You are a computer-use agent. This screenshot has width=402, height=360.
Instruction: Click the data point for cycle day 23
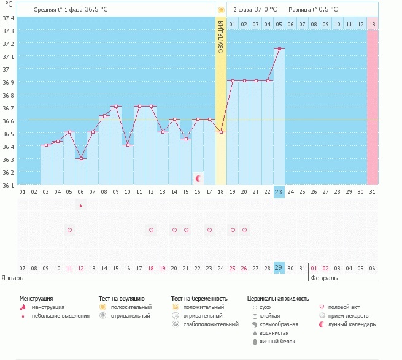click(x=279, y=48)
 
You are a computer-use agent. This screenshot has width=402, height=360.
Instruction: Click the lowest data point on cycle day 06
click(x=80, y=158)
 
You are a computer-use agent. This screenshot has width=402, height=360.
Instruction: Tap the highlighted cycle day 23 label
click(x=279, y=192)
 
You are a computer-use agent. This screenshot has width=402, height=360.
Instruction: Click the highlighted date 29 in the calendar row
click(x=279, y=269)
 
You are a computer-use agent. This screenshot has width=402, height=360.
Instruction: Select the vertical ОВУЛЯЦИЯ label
click(x=221, y=37)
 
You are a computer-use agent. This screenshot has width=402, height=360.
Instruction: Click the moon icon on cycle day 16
click(x=198, y=178)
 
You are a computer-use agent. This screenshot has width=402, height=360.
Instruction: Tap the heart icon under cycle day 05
click(x=69, y=230)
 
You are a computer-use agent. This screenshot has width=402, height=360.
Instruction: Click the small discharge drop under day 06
click(x=80, y=205)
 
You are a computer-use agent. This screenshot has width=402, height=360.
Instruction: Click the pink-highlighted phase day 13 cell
click(x=372, y=24)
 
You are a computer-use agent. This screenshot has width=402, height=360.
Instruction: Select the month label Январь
click(x=12, y=278)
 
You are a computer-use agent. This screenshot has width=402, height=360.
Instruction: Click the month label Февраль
click(x=324, y=278)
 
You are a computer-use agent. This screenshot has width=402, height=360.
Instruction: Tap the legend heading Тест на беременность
click(x=203, y=298)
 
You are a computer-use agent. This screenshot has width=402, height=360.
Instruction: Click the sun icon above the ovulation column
click(x=221, y=10)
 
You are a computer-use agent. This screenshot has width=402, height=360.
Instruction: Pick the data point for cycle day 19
click(x=233, y=80)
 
